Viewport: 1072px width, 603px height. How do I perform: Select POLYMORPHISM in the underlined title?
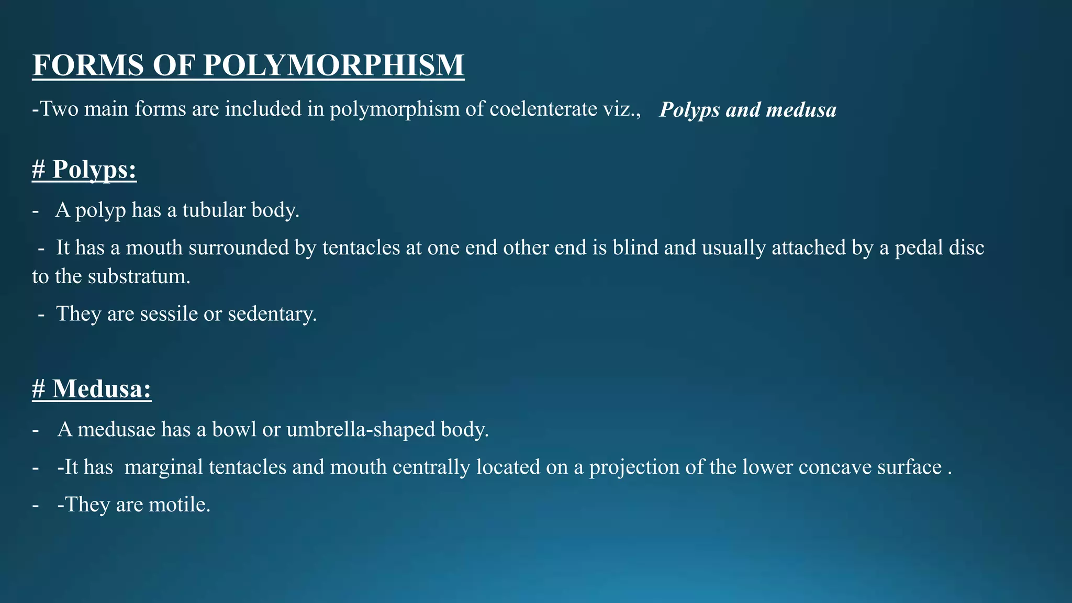coord(333,65)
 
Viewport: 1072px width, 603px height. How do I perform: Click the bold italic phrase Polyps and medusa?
coord(747,110)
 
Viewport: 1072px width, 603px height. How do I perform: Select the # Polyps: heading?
coord(84,170)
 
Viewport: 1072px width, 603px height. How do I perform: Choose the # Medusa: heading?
coord(92,389)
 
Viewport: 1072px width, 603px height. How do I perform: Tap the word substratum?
coord(139,276)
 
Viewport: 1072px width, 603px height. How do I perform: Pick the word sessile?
coord(169,314)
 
